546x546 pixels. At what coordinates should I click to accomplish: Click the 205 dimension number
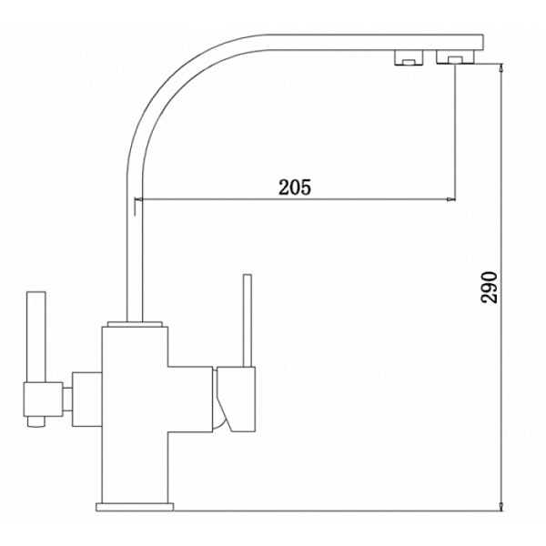point(295,187)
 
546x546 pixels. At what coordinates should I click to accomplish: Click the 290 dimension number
point(489,288)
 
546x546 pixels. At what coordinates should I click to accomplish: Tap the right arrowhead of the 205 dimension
point(451,199)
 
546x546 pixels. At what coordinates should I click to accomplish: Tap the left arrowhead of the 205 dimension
point(138,199)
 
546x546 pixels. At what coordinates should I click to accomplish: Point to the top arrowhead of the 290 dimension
point(501,68)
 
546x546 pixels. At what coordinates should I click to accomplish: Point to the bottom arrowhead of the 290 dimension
point(501,507)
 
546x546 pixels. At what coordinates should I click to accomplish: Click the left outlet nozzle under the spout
point(409,58)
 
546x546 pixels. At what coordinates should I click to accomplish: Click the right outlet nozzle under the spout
point(455,57)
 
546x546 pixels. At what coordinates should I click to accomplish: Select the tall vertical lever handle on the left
point(36,337)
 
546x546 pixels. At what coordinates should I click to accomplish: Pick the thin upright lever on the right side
point(248,320)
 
